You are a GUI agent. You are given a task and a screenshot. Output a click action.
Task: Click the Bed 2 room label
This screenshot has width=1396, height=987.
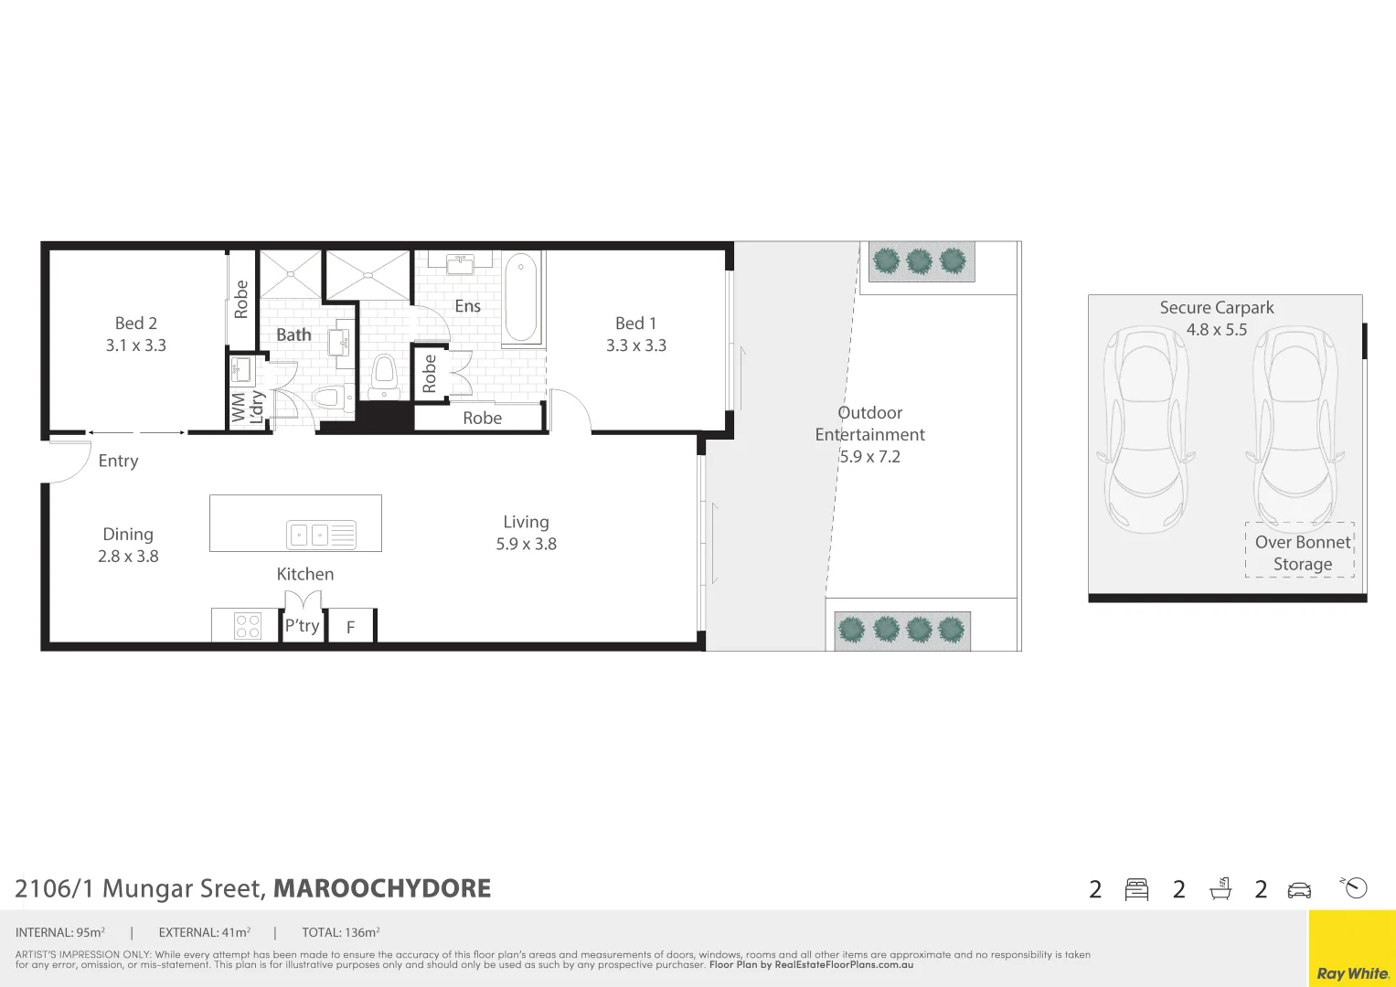coord(135,324)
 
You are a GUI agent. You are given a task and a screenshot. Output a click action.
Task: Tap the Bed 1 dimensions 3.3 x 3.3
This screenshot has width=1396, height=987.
coord(636,345)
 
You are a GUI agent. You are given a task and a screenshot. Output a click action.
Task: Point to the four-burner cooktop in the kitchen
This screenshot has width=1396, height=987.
coord(248,626)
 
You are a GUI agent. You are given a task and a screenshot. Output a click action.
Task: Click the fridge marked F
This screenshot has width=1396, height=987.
coord(350,627)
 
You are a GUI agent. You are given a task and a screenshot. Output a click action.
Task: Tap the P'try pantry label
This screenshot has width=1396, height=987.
coord(303,625)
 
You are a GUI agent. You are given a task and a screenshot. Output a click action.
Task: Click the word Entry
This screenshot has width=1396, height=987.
coord(118,461)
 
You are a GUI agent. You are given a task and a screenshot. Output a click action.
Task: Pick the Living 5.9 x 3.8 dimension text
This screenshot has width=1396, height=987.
coord(526,544)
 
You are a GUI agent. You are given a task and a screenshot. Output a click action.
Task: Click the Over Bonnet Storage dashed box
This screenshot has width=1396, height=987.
coord(1300,550)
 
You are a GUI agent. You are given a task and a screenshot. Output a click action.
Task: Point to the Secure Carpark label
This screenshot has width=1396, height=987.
coord(1216,308)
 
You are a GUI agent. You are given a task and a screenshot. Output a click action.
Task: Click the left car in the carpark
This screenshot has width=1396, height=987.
coord(1146,430)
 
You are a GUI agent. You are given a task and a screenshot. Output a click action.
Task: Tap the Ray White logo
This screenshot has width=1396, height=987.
coord(1351,973)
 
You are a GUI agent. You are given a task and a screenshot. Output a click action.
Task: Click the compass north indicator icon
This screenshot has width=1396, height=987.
coord(1355,887)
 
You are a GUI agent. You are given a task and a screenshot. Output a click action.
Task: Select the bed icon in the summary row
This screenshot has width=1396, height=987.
coord(1136,889)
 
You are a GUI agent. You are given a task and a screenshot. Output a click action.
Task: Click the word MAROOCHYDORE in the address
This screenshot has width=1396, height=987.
coord(382,888)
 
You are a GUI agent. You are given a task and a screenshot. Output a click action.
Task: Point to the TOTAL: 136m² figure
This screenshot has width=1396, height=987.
coord(340,933)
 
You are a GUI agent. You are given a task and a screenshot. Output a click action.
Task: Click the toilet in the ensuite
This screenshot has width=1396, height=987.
coord(384,375)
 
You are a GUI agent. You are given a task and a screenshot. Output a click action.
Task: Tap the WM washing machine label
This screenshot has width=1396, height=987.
coord(239,408)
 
